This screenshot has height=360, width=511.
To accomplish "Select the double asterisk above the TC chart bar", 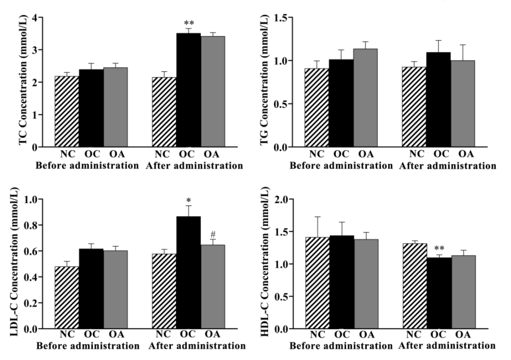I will click(x=189, y=24).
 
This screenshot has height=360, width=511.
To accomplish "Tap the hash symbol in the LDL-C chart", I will click(x=213, y=234).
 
